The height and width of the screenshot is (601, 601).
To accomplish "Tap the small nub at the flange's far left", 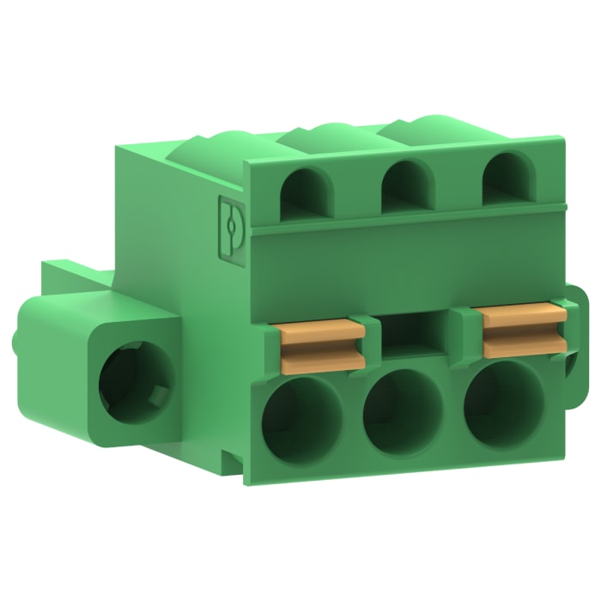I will pyautogui.click(x=19, y=339).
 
